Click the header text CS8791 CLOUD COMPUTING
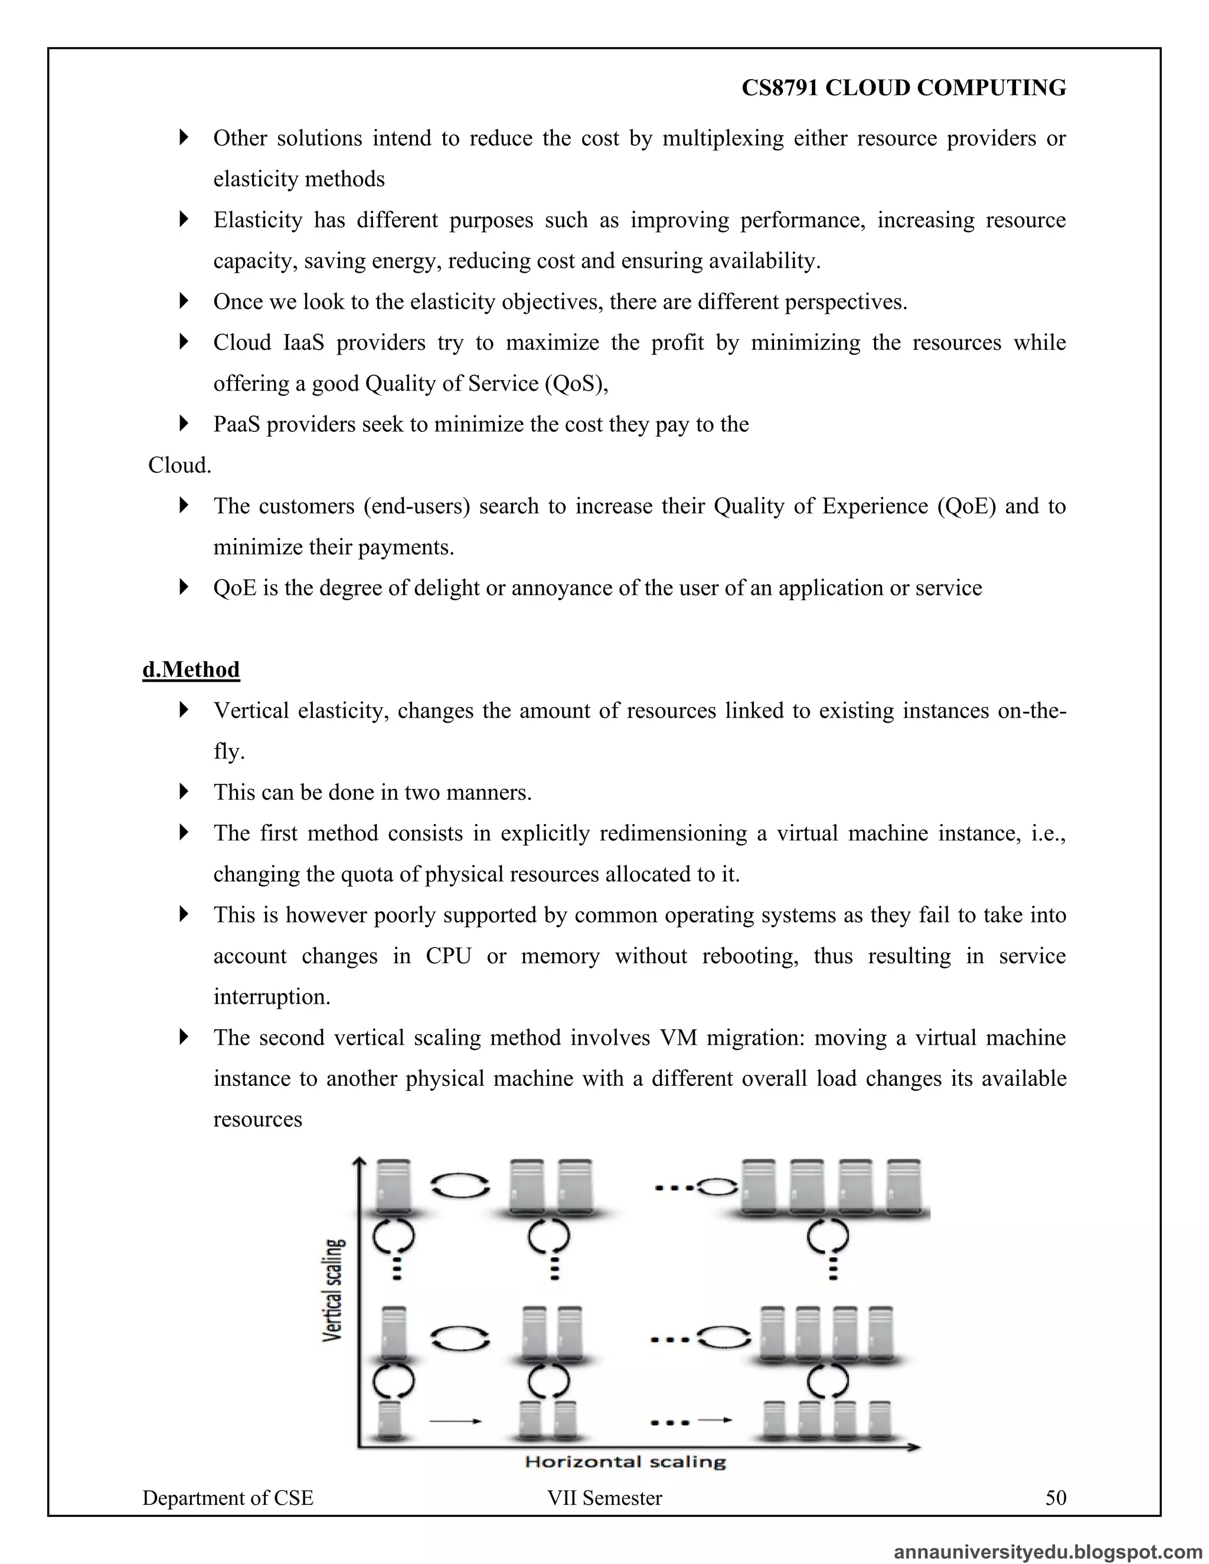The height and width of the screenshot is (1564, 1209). [903, 87]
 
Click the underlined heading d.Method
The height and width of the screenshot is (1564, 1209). [191, 670]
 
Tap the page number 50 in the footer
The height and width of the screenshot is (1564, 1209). [1056, 1497]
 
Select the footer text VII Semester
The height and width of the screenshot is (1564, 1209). [604, 1497]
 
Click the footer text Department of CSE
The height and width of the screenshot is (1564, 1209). [228, 1497]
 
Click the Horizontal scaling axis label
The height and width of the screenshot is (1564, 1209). [625, 1461]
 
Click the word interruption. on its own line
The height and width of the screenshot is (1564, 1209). [272, 997]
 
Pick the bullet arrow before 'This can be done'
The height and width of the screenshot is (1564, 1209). [184, 791]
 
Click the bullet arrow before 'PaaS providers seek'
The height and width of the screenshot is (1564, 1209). [184, 424]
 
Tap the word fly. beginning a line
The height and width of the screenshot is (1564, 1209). [228, 751]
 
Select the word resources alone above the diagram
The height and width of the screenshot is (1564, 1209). [258, 1119]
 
